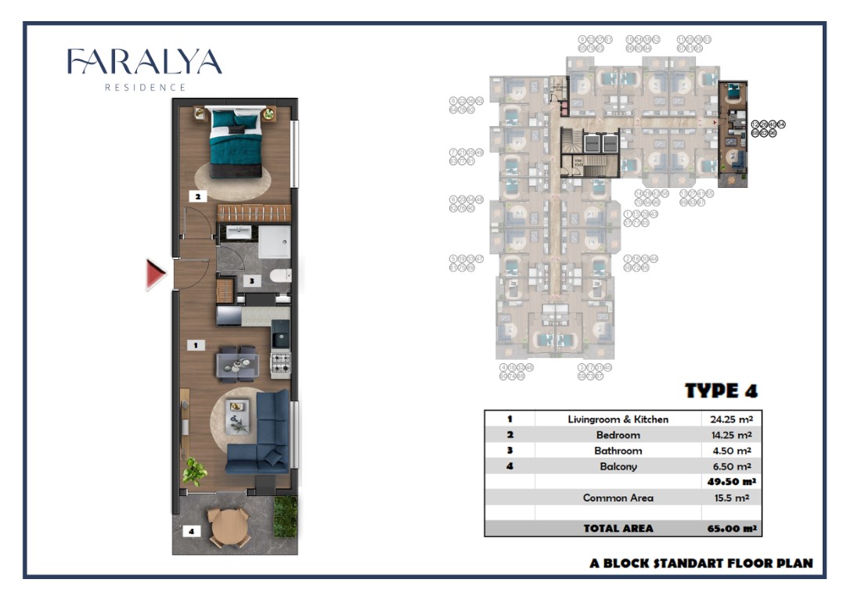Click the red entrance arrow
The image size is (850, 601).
pos(155,275)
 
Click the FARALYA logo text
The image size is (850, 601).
pos(144,63)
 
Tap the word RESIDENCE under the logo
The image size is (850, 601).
pos(146,88)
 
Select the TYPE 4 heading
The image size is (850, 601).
pos(721,390)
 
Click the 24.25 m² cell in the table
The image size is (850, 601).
pos(728,419)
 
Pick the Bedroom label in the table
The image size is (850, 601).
pos(618,435)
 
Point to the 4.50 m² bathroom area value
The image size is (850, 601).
pos(728,451)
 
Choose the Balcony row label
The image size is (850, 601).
pos(618,466)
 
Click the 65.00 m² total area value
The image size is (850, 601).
pos(728,528)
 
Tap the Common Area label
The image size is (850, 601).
pos(618,498)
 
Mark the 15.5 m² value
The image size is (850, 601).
pos(728,498)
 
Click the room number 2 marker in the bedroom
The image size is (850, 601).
pos(199,197)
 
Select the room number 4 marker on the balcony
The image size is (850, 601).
pos(191,531)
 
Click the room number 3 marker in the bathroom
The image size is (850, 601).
pos(252,279)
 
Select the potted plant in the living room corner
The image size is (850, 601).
pos(193,472)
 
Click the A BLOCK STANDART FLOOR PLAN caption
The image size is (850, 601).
pos(701,563)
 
